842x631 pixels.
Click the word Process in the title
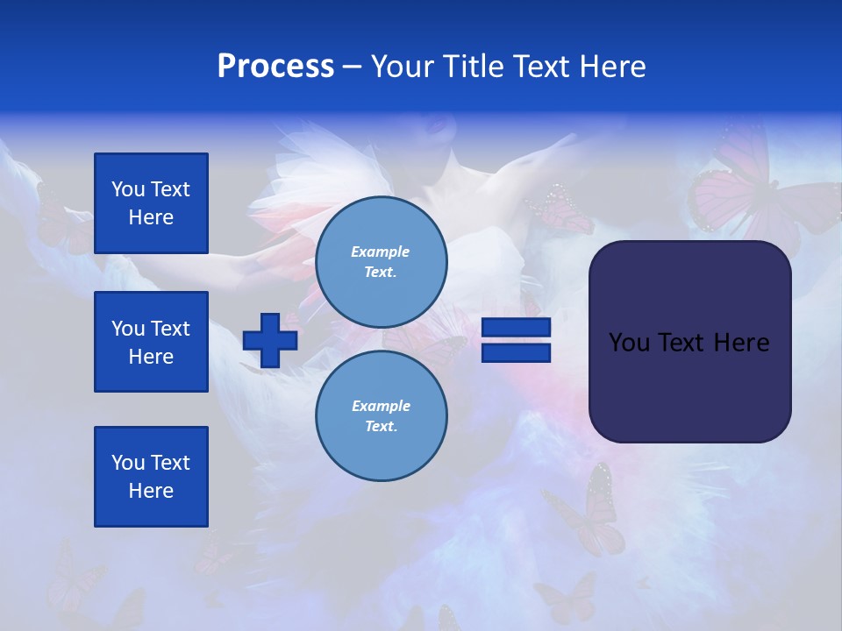tap(275, 67)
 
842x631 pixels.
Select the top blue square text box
tap(151, 203)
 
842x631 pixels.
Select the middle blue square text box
tap(151, 342)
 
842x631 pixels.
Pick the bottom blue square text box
tap(151, 477)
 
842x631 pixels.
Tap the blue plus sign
tap(269, 340)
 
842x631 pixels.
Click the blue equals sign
tap(516, 340)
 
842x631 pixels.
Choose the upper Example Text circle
tap(382, 262)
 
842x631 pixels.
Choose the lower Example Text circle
tap(382, 415)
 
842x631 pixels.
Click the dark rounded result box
tap(689, 342)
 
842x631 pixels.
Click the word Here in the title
tap(611, 67)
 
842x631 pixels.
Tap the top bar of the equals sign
tap(516, 328)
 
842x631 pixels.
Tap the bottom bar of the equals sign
tap(516, 352)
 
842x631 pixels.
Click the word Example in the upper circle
tap(381, 252)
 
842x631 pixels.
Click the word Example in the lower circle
tap(381, 406)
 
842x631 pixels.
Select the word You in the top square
tap(128, 189)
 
